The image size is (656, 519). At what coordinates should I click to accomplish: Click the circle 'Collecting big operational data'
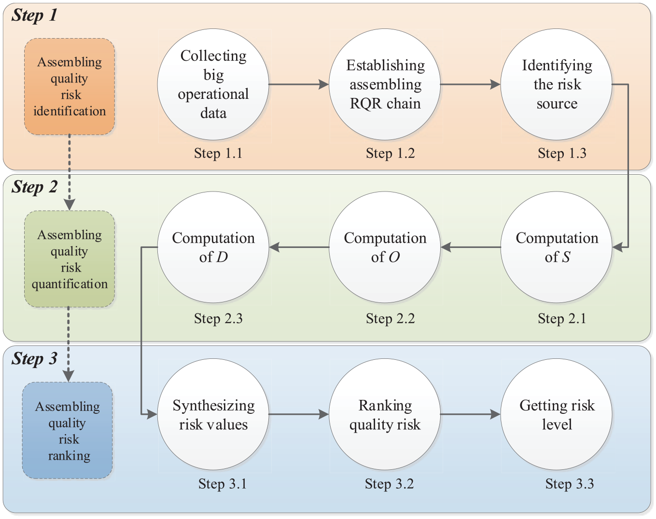(x=213, y=84)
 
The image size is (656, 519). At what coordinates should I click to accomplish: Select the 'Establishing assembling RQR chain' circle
(x=385, y=84)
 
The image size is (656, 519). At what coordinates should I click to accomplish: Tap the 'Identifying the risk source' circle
(x=556, y=84)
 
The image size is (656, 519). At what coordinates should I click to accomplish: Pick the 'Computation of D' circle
(x=213, y=247)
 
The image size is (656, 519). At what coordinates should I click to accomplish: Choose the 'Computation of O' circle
(x=385, y=247)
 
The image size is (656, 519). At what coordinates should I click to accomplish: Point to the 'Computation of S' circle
(x=556, y=247)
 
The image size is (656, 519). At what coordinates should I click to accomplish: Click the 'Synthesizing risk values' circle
(x=213, y=414)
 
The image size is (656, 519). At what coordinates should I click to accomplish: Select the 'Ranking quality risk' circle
(x=385, y=414)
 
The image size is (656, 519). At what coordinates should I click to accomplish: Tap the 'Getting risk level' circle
(x=556, y=414)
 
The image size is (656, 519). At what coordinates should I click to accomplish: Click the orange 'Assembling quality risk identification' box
(x=70, y=86)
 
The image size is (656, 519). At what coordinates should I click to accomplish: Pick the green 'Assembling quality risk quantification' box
(x=70, y=259)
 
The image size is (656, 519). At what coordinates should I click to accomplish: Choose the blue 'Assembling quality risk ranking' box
(x=68, y=431)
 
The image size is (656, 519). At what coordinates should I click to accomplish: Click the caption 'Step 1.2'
(x=390, y=153)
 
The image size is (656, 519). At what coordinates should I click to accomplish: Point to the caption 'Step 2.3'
(x=218, y=319)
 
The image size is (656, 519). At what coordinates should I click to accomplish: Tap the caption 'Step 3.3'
(x=570, y=484)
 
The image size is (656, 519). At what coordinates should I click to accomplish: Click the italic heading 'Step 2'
(x=34, y=187)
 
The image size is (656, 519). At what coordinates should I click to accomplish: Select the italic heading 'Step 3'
(x=34, y=358)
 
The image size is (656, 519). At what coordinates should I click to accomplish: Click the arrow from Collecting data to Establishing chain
(x=299, y=84)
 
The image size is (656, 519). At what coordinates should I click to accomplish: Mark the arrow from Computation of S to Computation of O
(x=471, y=247)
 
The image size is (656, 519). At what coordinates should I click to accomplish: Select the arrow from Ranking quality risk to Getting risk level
(x=470, y=414)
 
